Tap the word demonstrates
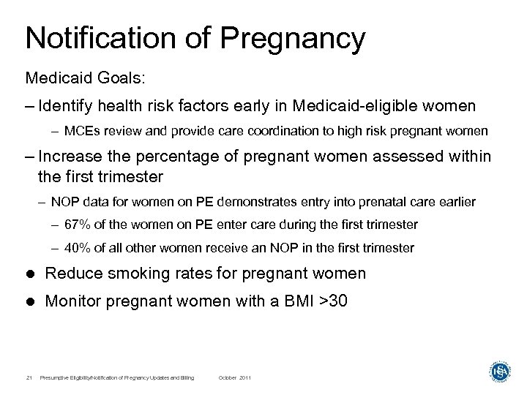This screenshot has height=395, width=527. [x=250, y=201]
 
